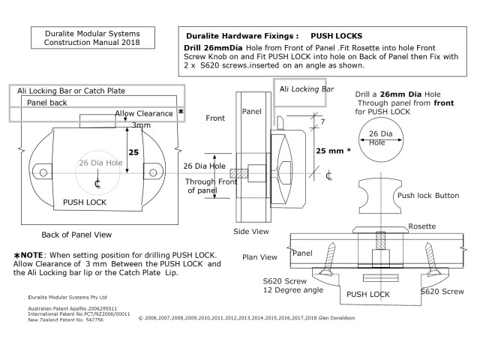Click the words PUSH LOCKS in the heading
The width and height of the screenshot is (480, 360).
(336, 35)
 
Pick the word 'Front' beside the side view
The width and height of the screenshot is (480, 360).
(216, 118)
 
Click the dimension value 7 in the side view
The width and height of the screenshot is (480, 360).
(322, 121)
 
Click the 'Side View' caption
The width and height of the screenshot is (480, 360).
(252, 232)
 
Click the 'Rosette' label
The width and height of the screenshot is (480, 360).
(424, 226)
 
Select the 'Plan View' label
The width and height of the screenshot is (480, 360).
(259, 257)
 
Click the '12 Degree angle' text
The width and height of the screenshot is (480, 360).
(292, 289)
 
